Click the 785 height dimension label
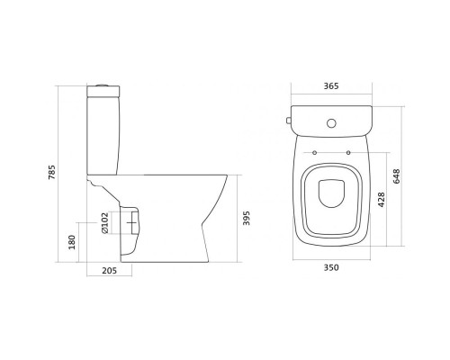tap(52, 172)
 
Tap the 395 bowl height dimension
tap(246, 219)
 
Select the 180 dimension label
tap(72, 242)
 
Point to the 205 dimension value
tap(109, 271)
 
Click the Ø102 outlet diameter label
tap(104, 223)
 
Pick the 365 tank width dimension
tap(331, 86)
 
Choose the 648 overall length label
tap(396, 176)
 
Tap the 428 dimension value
tap(382, 200)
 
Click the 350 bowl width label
tap(331, 267)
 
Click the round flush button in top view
tap(331, 123)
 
